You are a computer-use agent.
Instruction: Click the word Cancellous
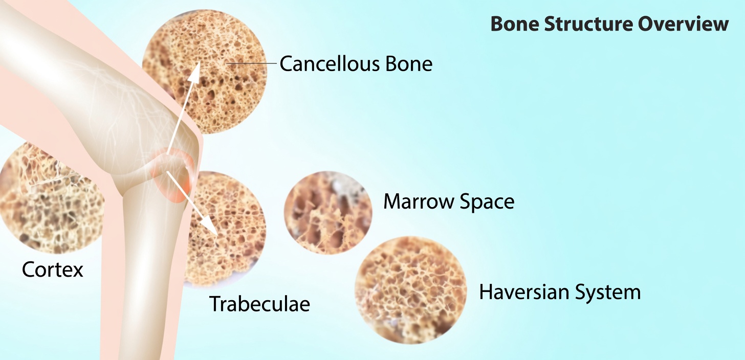pyautogui.click(x=330, y=63)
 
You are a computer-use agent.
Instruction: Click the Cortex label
pyautogui.click(x=53, y=269)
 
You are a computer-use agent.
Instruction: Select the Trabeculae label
pyautogui.click(x=259, y=303)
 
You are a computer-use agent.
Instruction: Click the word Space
pyautogui.click(x=486, y=202)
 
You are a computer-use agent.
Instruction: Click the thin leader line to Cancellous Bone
pyautogui.click(x=251, y=63)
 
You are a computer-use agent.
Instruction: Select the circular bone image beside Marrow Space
pyautogui.click(x=328, y=213)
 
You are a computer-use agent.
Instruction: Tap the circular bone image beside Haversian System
pyautogui.click(x=410, y=290)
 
